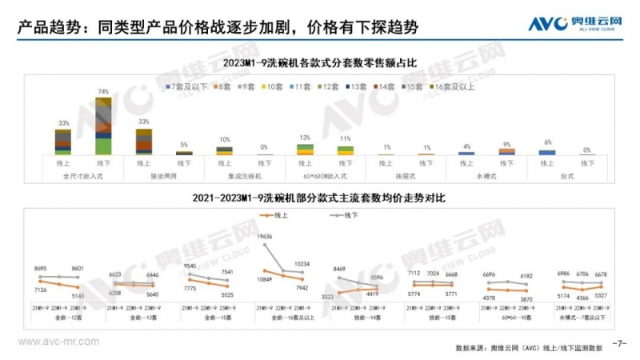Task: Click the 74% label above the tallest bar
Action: point(103,92)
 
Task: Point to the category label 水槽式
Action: point(485,175)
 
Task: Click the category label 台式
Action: point(566,175)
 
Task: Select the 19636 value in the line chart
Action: point(266,237)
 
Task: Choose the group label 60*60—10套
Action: point(501,318)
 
